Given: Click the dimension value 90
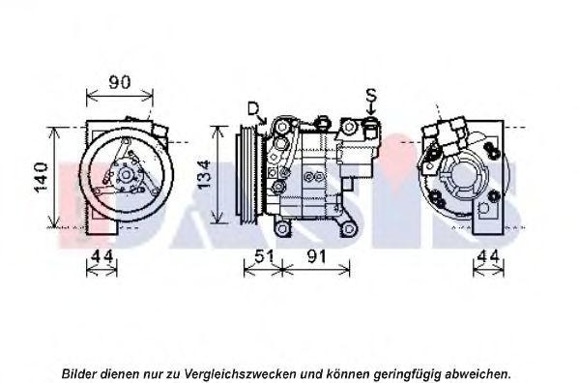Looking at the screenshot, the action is point(120,82).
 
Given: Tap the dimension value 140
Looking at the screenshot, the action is point(41,178).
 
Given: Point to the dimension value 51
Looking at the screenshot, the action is point(264,256).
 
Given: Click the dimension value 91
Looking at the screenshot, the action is point(317,256).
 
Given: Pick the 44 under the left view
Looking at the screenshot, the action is point(101,256).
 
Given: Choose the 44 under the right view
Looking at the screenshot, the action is point(488,256).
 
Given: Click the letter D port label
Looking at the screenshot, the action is point(253,109).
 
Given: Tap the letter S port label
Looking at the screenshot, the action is point(371,95).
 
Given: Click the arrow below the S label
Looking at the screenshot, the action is point(371,109).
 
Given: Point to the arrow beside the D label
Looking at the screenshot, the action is point(263,119).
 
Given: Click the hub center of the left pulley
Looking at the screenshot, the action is point(126,175).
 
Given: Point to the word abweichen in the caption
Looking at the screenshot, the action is point(478,373).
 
